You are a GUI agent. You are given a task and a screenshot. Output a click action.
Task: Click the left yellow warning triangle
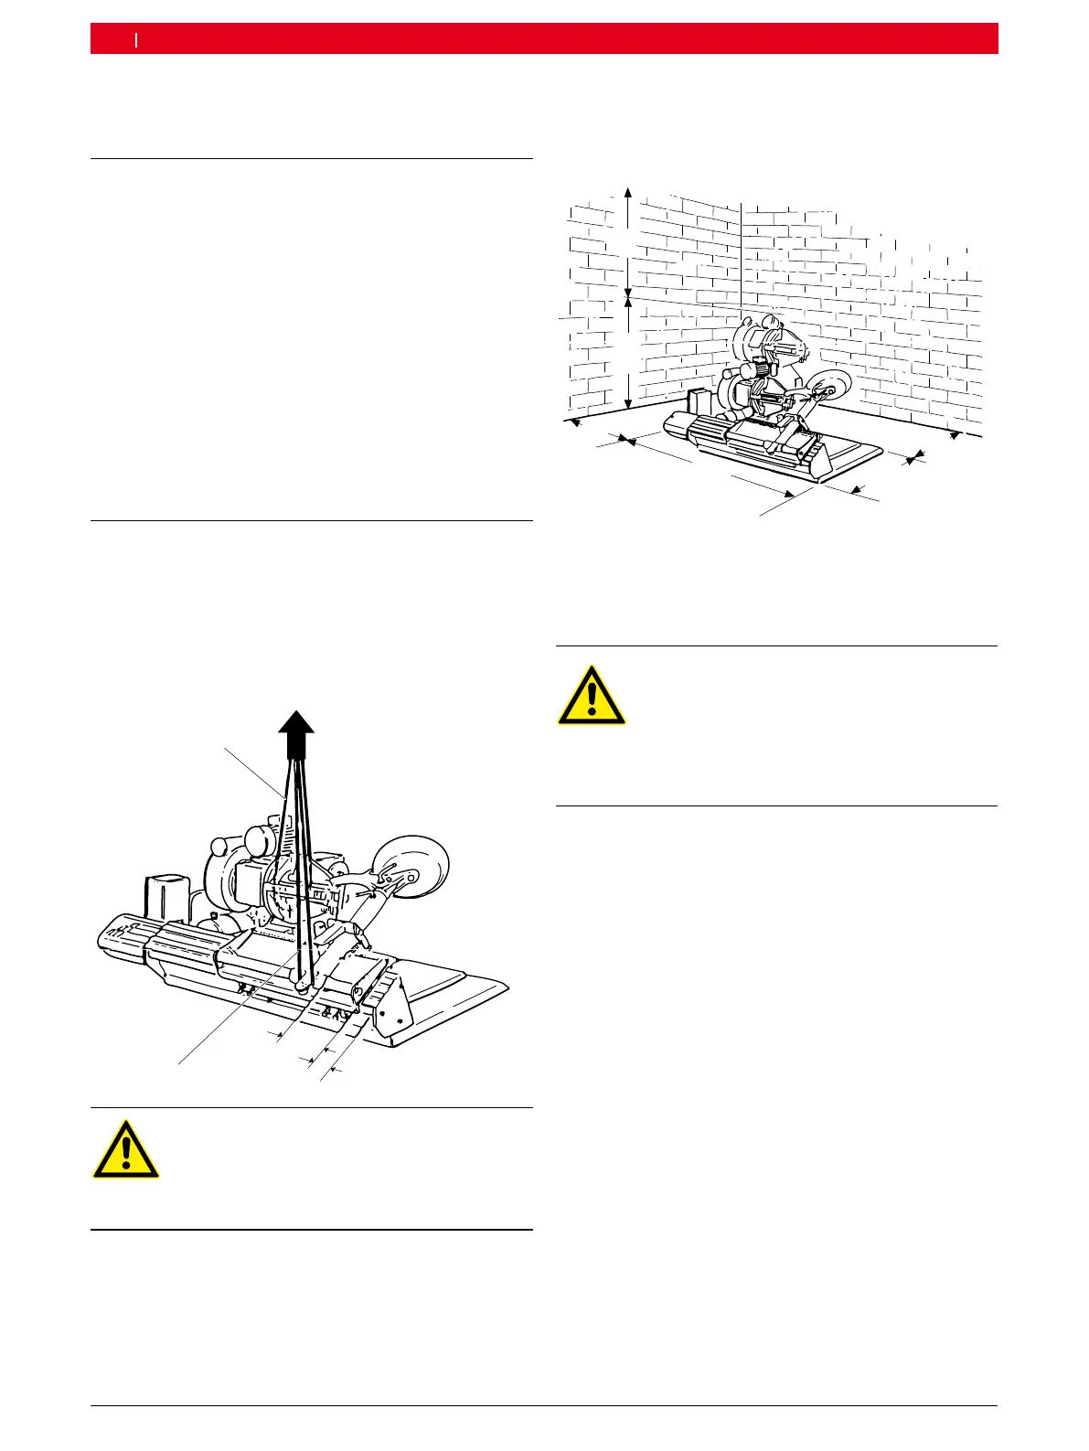(x=126, y=1149)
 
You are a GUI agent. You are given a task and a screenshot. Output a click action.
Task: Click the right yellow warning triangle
(x=593, y=697)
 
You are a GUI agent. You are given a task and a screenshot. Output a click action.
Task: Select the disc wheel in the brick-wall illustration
(x=828, y=388)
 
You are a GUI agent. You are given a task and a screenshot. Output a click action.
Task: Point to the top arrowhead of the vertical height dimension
(x=628, y=192)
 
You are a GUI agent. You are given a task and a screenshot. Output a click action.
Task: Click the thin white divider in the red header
(x=136, y=38)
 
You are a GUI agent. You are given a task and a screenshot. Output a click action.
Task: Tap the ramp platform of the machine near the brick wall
(x=850, y=453)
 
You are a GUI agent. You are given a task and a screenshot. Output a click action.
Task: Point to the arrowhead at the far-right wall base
(x=956, y=436)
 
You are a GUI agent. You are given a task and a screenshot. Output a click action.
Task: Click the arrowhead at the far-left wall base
(x=574, y=423)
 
